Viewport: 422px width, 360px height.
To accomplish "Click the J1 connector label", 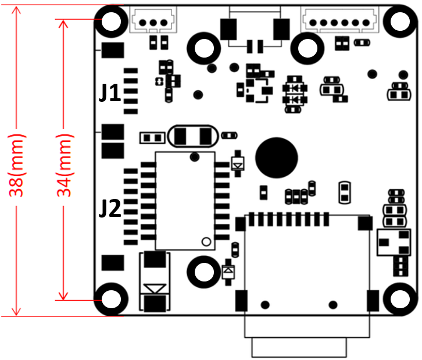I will pos(110,93).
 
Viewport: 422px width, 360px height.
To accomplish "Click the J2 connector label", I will pos(110,209).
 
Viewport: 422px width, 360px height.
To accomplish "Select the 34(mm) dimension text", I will pos(65,165).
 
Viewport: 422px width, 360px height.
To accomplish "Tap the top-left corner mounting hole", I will pos(112,22).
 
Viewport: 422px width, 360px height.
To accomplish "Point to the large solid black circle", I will pos(276,157).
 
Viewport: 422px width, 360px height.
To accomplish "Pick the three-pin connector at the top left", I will pos(153,22).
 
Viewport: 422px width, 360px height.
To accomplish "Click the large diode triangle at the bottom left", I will pos(155,287).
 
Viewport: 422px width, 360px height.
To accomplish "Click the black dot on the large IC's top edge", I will pos(194,157).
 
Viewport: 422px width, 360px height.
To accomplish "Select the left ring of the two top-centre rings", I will pos(203,48).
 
